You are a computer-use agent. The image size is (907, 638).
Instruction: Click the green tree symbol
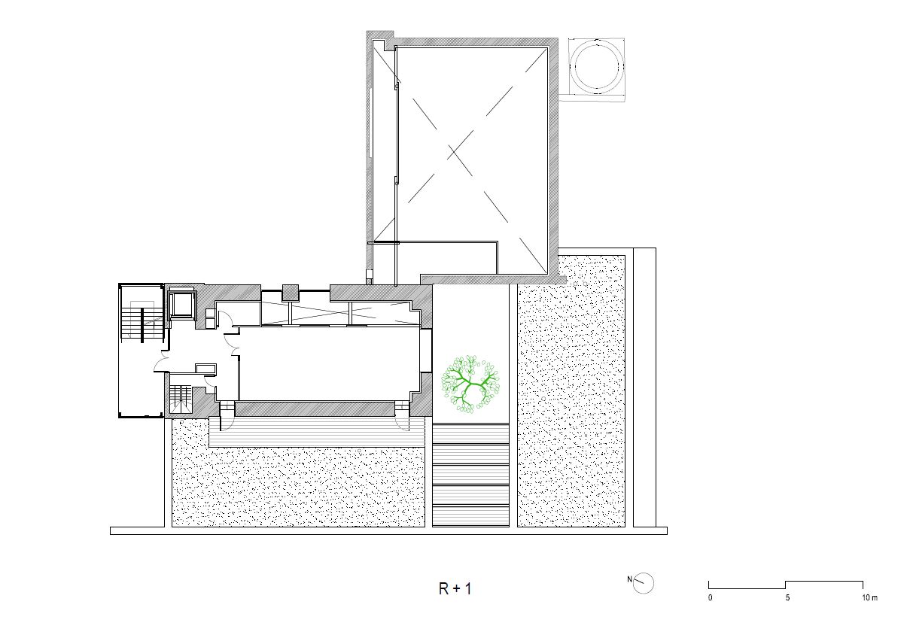click(x=470, y=382)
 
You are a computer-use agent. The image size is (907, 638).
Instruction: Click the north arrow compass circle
click(x=644, y=584)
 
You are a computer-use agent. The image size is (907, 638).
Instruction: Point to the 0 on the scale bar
click(x=711, y=598)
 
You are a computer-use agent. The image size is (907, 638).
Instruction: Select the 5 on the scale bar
click(x=787, y=598)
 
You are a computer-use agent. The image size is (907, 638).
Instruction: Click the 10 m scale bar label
click(x=869, y=598)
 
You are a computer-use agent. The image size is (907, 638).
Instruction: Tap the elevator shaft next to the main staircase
click(x=181, y=304)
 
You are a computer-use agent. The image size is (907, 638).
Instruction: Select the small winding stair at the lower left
click(x=179, y=399)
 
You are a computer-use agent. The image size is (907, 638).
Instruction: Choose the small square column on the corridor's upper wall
click(x=291, y=293)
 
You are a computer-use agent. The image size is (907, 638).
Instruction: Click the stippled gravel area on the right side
click(x=571, y=391)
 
